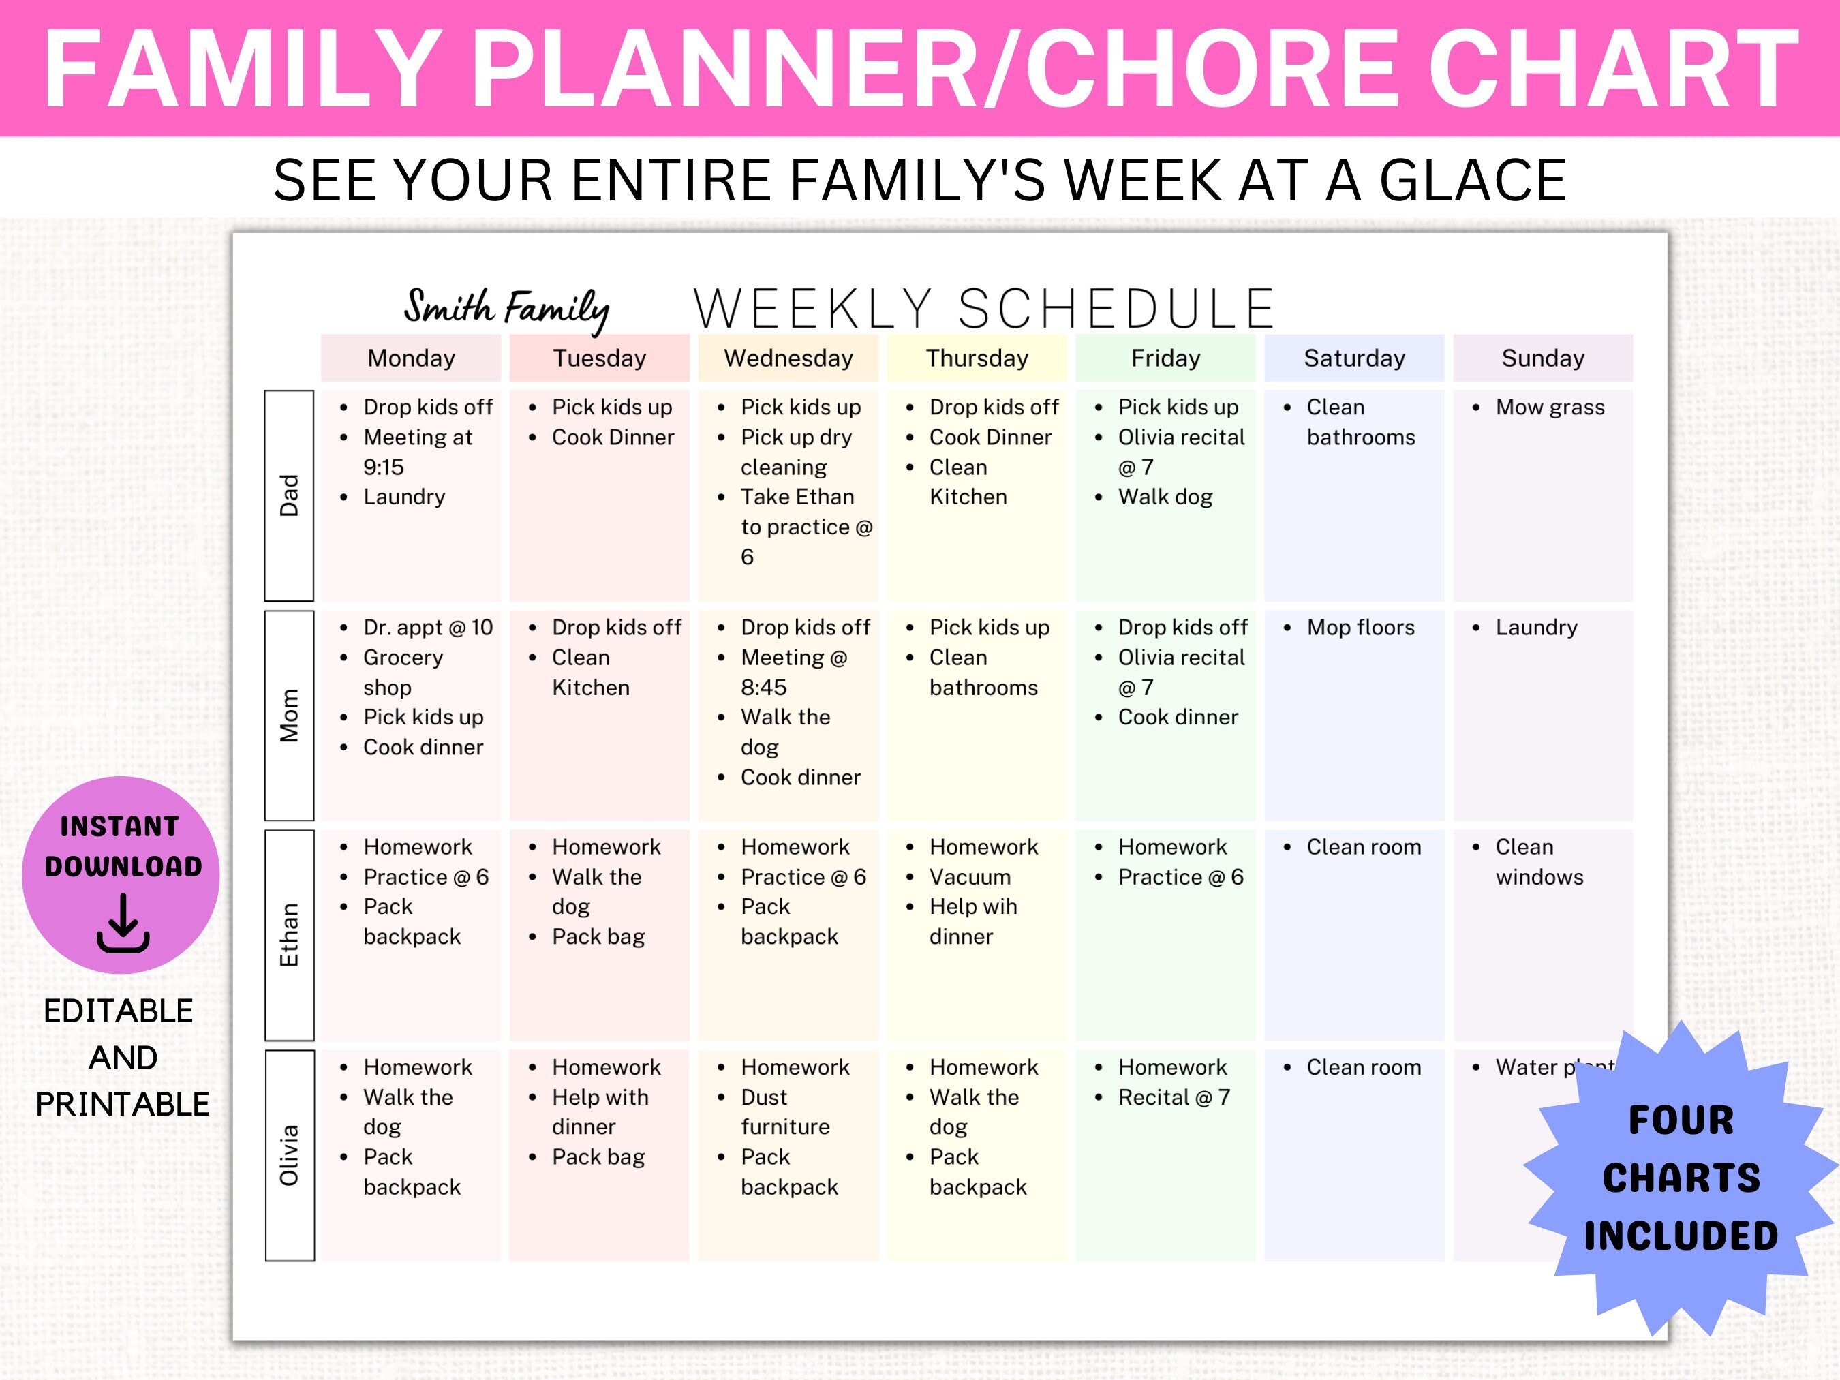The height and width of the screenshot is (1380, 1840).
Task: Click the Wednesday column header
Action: [x=788, y=358]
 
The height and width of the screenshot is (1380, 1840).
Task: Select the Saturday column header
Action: [x=1354, y=358]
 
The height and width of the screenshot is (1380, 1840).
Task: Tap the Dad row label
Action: [x=289, y=495]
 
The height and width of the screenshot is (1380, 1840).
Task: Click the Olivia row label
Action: [x=289, y=1155]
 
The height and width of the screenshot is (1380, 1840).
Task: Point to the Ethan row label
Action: [x=289, y=935]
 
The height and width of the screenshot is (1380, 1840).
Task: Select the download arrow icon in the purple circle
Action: [x=123, y=923]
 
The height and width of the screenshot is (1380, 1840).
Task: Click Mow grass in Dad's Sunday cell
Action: [x=1550, y=408]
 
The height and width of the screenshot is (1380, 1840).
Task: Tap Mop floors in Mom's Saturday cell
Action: [x=1360, y=628]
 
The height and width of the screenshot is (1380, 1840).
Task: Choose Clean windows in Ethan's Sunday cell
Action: [x=1539, y=862]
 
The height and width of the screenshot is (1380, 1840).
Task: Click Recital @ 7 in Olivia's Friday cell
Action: [x=1174, y=1098]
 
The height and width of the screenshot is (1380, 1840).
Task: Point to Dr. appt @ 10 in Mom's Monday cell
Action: [x=427, y=628]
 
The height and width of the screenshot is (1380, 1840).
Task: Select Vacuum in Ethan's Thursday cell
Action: [x=970, y=878]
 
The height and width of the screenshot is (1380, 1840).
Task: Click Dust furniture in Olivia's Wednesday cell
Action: [x=784, y=1112]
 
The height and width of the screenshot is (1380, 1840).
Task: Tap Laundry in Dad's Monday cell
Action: [x=404, y=497]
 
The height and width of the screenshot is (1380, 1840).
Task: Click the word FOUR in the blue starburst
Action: [x=1681, y=1120]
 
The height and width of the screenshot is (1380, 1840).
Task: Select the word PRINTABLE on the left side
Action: [x=122, y=1105]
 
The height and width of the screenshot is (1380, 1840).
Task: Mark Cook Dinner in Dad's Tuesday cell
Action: [x=613, y=438]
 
